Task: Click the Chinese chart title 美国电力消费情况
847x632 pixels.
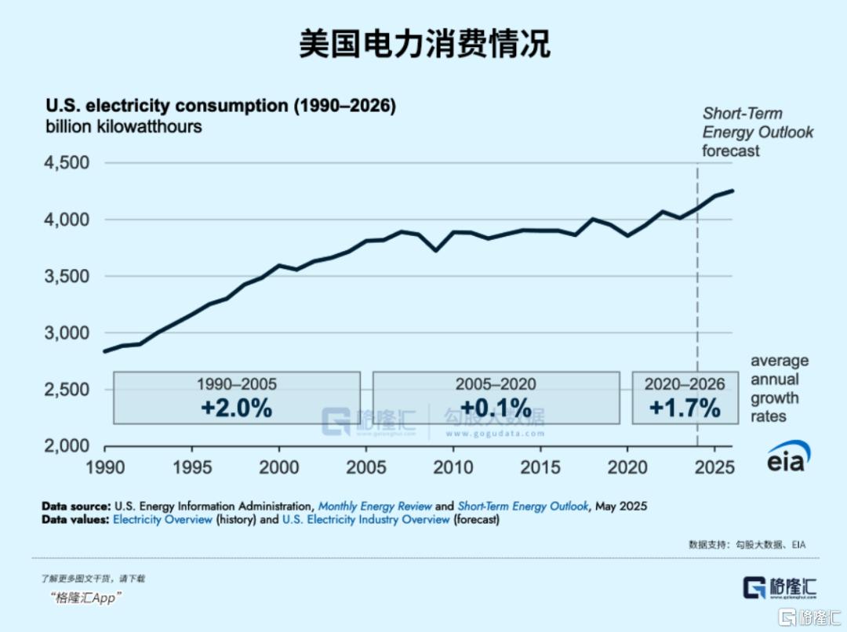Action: click(423, 45)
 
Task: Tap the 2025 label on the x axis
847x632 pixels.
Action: click(714, 467)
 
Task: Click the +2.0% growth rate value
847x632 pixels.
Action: click(236, 408)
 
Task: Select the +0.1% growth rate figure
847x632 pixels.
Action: click(496, 408)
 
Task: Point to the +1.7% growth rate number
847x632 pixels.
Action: click(685, 408)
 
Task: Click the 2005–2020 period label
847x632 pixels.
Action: click(496, 384)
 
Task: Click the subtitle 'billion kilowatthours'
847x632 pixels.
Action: click(123, 126)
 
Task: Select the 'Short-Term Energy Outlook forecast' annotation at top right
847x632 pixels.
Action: click(757, 132)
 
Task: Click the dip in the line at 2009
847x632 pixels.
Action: click(435, 250)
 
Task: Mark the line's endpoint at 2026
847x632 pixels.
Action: click(733, 191)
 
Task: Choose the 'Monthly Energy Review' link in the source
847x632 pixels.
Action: click(375, 506)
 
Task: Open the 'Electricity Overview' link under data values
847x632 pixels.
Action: click(163, 519)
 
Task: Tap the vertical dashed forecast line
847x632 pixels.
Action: click(698, 314)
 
